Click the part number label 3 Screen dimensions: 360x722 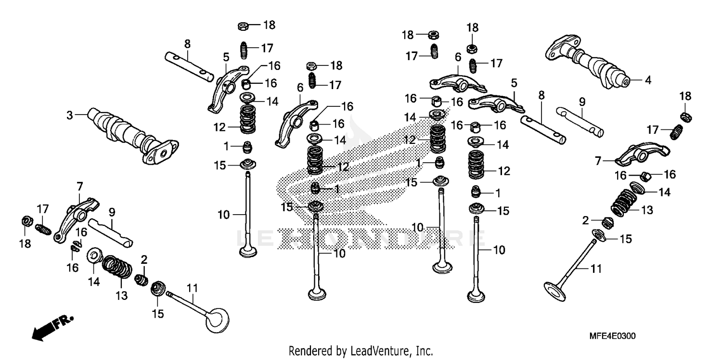(x=70, y=115)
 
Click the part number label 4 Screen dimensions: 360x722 (x=648, y=80)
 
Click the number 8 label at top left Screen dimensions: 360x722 (x=187, y=44)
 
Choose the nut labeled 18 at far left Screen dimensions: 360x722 (x=27, y=222)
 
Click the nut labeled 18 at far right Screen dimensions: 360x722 (x=686, y=116)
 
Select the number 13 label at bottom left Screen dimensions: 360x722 (x=122, y=296)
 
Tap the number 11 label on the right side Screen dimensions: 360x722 (x=596, y=269)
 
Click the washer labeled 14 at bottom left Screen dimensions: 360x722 (x=94, y=256)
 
